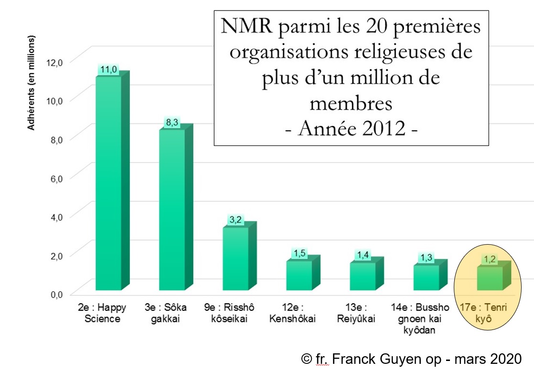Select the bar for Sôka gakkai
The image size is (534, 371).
(x=172, y=210)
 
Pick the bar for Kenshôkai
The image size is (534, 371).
(x=299, y=275)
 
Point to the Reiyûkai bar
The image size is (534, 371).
(x=363, y=276)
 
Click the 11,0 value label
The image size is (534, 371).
(x=108, y=70)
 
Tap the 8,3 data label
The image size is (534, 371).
(x=171, y=123)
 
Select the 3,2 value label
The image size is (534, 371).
(x=235, y=220)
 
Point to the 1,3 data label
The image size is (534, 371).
(x=426, y=258)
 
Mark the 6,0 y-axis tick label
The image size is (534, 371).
(x=56, y=178)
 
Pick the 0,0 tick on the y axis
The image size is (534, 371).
(x=56, y=294)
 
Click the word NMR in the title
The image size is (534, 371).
(x=242, y=27)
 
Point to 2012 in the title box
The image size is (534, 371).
(x=377, y=129)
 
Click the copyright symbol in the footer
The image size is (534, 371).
(x=306, y=358)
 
